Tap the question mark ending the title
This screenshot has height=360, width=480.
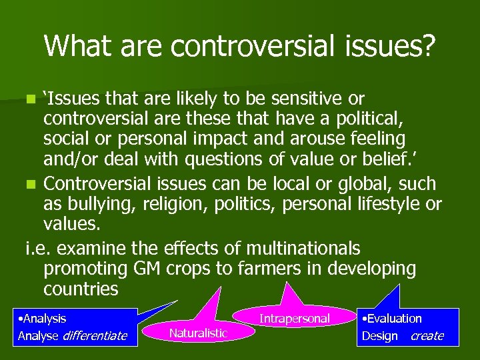click(x=427, y=45)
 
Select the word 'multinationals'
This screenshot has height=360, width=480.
click(x=303, y=248)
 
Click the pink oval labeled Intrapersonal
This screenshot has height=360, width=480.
click(x=294, y=319)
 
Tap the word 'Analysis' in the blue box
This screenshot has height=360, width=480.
click(x=43, y=319)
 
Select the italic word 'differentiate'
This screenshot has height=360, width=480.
click(x=95, y=335)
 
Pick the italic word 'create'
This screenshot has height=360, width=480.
click(x=427, y=335)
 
